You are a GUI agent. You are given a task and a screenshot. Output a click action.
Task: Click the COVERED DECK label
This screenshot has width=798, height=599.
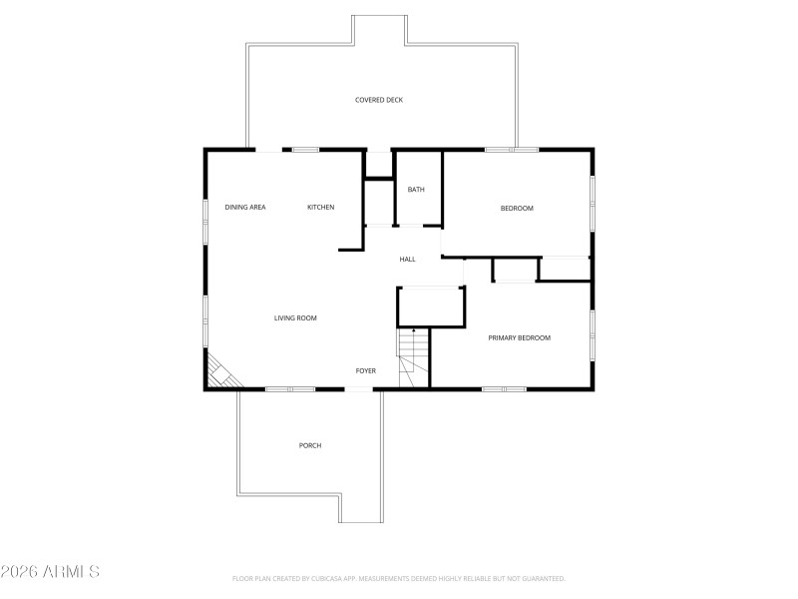[379, 100]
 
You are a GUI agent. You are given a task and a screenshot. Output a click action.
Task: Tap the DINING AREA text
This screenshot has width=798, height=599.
[244, 207]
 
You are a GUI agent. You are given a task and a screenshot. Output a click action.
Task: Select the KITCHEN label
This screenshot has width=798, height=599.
[320, 207]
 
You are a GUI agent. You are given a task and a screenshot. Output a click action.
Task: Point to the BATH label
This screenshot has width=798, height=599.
[416, 189]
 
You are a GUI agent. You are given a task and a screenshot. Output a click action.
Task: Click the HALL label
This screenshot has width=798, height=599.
[407, 260]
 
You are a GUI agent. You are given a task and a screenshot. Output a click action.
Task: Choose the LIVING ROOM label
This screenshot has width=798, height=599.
[295, 317]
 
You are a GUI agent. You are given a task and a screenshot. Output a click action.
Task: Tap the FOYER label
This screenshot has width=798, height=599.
[366, 370]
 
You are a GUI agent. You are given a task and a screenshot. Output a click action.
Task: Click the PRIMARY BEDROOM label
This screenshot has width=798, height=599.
[519, 337]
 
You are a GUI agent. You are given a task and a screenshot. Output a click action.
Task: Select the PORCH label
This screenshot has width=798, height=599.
[310, 445]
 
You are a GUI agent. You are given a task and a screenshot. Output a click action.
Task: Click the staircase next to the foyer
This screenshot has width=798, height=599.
[413, 359]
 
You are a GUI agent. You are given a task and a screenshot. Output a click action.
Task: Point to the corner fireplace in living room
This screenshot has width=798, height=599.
[221, 374]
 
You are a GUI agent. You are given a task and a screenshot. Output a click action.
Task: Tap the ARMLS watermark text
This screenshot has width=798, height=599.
[51, 572]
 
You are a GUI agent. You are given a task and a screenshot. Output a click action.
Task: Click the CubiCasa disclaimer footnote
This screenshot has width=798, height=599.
[398, 578]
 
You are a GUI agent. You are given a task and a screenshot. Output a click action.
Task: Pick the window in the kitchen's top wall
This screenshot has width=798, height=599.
[305, 150]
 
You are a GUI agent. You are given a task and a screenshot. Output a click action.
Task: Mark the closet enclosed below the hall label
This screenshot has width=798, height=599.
[431, 306]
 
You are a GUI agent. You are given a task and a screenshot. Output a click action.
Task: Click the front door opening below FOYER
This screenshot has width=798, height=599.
[359, 388]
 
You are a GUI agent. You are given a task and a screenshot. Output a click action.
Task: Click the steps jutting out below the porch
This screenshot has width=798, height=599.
[360, 509]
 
